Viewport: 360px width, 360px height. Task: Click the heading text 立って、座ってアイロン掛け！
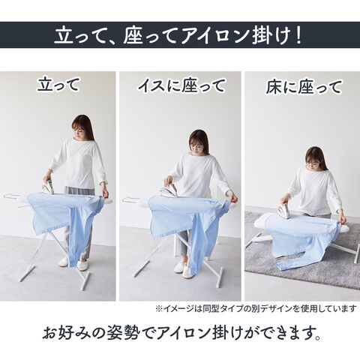pyautogui.click(x=178, y=37)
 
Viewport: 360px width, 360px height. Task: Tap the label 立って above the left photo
pyautogui.click(x=58, y=84)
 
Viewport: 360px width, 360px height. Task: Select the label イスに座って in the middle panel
pyautogui.click(x=181, y=85)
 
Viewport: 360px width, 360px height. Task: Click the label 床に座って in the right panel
pyautogui.click(x=304, y=87)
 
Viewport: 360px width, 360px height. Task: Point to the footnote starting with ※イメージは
pyautogui.click(x=256, y=309)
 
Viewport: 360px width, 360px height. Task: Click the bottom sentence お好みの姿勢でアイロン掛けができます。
pyautogui.click(x=181, y=332)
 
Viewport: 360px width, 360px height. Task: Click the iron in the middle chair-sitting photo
pyautogui.click(x=169, y=190)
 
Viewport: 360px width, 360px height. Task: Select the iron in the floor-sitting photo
pyautogui.click(x=284, y=209)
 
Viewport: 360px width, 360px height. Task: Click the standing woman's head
pyautogui.click(x=82, y=127)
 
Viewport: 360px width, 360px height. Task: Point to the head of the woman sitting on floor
pyautogui.click(x=316, y=158)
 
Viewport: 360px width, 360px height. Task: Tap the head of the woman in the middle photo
pyautogui.click(x=199, y=142)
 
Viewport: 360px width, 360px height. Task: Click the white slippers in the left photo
pyautogui.click(x=73, y=263)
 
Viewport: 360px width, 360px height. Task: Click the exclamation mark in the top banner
pyautogui.click(x=298, y=37)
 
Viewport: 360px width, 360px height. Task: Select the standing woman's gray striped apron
pyautogui.click(x=80, y=191)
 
